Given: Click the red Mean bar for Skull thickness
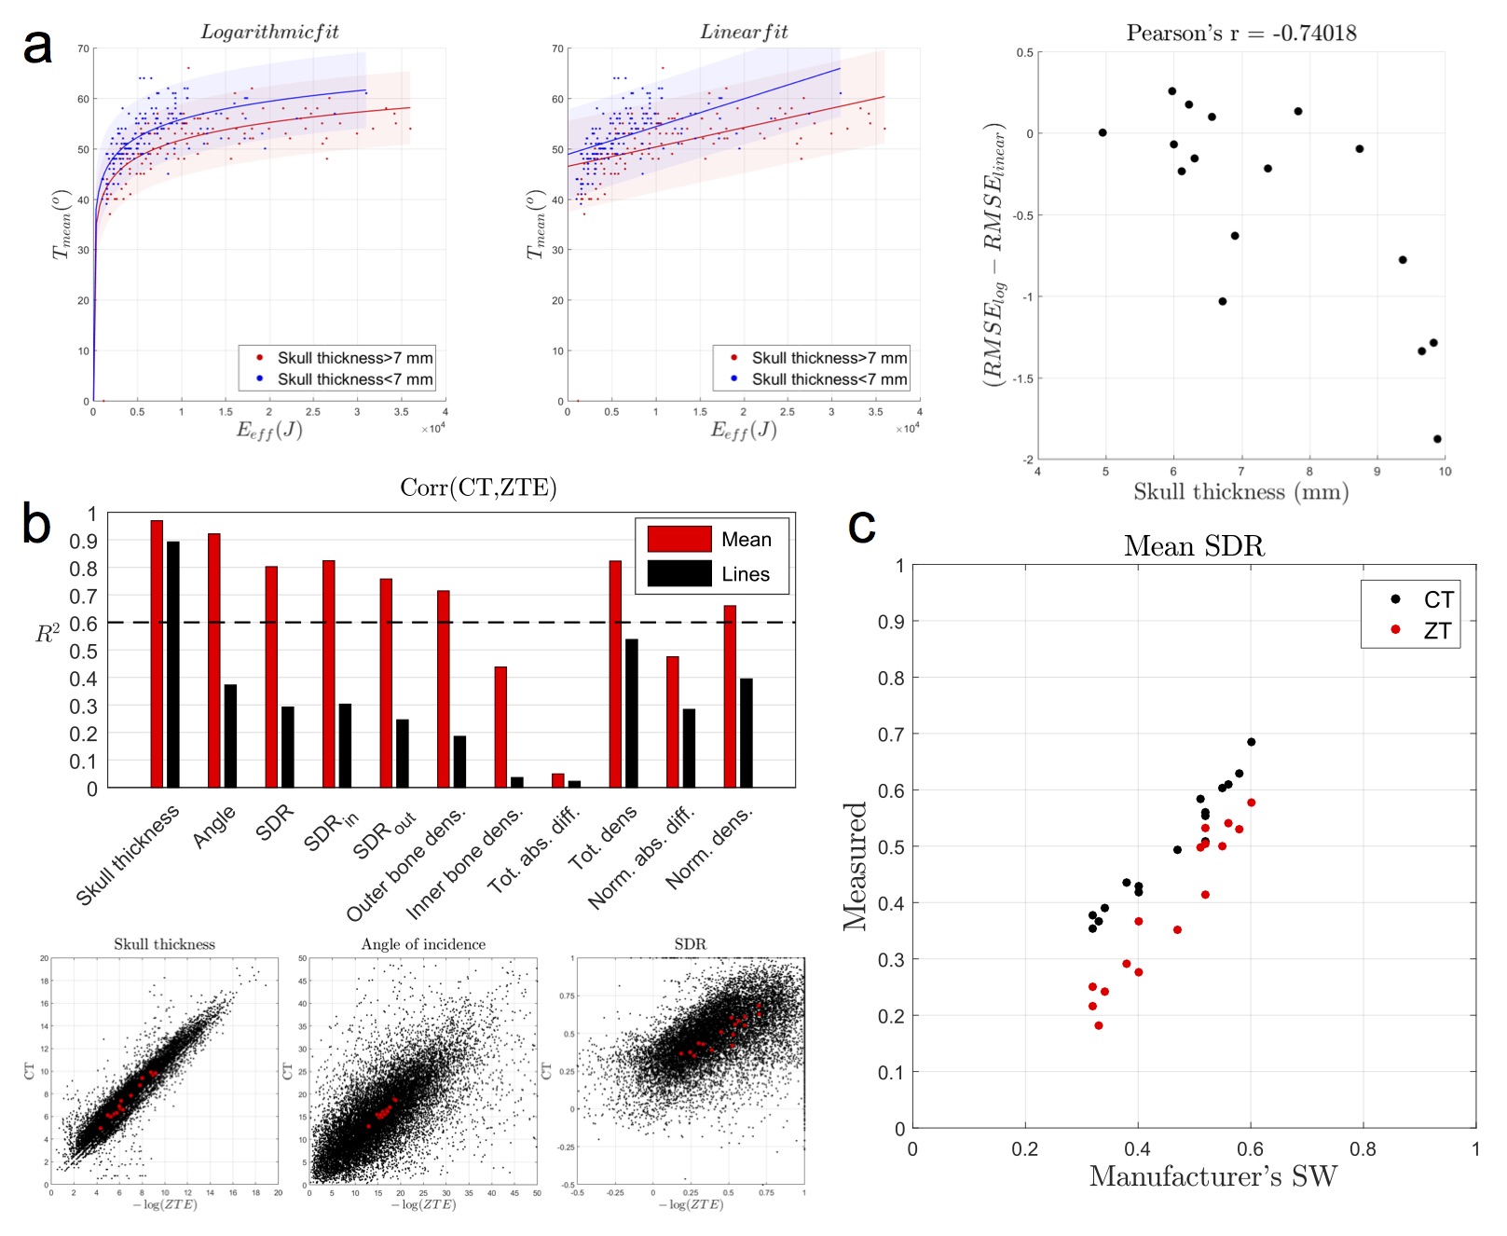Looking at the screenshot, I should tap(157, 653).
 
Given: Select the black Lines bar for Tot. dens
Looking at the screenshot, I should tap(632, 713).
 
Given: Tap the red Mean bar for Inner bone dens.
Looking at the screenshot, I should tap(500, 727).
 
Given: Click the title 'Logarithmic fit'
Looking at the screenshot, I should tap(269, 32).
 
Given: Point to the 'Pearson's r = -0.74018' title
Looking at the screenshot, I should tap(1240, 34).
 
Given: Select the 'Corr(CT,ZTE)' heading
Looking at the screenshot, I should tap(478, 488).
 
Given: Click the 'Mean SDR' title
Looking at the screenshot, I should tap(1194, 545).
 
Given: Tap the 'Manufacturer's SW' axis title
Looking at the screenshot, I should tap(1212, 1176).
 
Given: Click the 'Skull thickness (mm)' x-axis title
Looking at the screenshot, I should tap(1240, 492).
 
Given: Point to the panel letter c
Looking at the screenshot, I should tap(861, 527).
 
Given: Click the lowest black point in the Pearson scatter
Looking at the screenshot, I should tap(1437, 439).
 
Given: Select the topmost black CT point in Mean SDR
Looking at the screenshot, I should tap(1251, 742).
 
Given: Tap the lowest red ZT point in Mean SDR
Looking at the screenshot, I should tap(1099, 1025).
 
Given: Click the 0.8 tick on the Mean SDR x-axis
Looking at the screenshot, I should tap(1363, 1149).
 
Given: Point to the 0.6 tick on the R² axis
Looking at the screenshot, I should tap(84, 624).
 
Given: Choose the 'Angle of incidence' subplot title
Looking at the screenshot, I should tap(423, 944).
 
